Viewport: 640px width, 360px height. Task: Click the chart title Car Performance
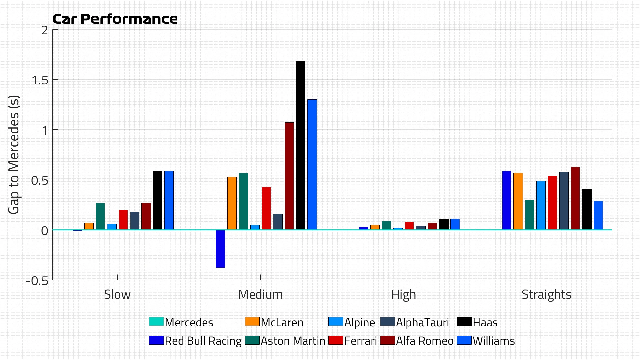(x=115, y=19)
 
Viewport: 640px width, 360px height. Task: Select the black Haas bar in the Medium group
(x=300, y=145)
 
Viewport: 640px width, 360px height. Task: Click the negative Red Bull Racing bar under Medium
(x=220, y=249)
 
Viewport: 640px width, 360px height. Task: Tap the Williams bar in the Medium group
(x=312, y=164)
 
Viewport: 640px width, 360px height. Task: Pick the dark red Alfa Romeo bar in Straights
(x=575, y=198)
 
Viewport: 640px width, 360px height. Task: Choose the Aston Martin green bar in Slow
(x=100, y=216)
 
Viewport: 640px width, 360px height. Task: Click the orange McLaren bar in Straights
(x=518, y=201)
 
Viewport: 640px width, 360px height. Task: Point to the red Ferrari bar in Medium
(x=266, y=208)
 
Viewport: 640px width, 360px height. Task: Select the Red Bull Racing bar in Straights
(x=506, y=200)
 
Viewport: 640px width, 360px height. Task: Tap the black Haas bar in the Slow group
(x=157, y=200)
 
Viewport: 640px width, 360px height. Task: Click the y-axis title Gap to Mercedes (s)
(x=14, y=155)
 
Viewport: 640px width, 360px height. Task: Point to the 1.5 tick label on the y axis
(x=39, y=80)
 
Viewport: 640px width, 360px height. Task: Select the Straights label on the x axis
(x=546, y=295)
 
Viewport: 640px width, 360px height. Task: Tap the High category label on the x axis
(x=403, y=295)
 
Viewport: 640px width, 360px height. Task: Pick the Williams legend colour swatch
(x=464, y=340)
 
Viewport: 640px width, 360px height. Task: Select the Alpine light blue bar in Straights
(x=541, y=205)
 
